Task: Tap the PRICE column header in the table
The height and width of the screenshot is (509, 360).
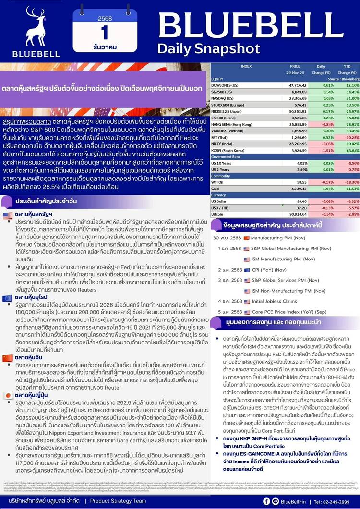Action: (x=295, y=66)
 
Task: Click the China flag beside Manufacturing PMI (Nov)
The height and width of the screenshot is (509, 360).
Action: (x=247, y=238)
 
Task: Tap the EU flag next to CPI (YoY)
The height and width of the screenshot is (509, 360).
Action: (x=247, y=270)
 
